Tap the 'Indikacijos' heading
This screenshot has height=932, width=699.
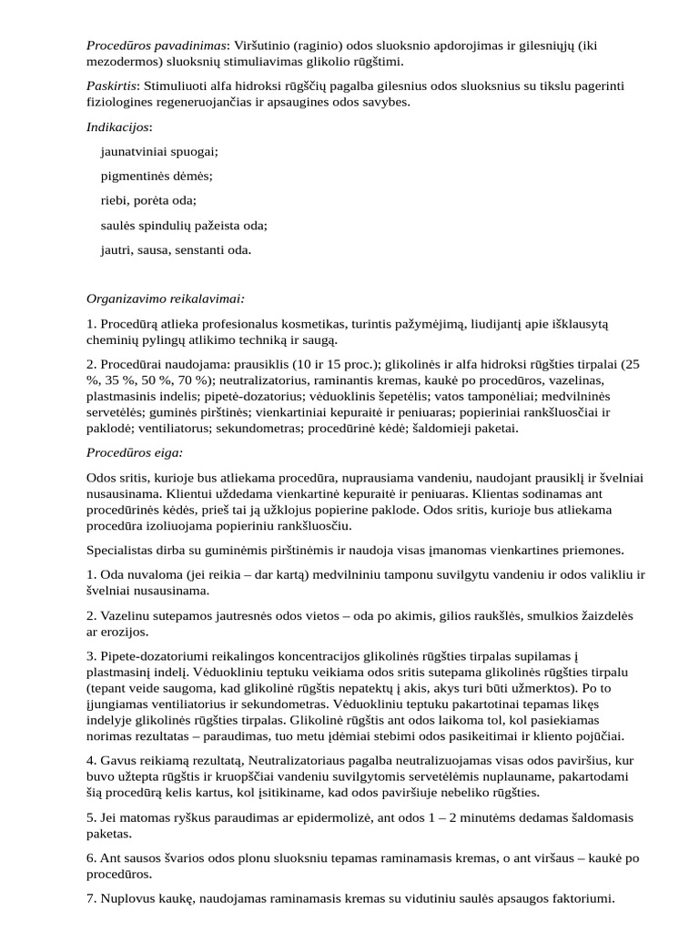tap(119, 127)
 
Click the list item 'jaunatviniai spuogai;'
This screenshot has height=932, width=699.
tap(160, 151)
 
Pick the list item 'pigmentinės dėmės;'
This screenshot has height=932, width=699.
tap(157, 176)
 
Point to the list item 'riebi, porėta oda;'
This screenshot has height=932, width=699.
tap(148, 200)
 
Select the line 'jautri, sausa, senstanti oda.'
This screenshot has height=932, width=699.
tap(176, 249)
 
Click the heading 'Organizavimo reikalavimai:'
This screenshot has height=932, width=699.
tap(166, 298)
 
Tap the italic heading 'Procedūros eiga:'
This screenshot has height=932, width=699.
tap(135, 451)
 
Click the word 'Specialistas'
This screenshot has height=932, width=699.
tap(124, 550)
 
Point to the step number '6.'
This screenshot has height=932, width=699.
tap(92, 858)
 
